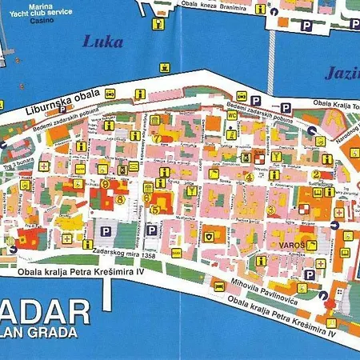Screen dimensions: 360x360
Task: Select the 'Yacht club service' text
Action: click(46, 14)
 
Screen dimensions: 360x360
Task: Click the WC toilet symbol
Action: click(231, 114)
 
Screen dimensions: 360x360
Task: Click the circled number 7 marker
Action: click(158, 138)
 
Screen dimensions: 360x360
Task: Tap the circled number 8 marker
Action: click(120, 199)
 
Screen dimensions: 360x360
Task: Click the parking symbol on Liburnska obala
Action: click(257, 100)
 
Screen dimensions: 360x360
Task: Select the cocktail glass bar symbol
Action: click(276, 155)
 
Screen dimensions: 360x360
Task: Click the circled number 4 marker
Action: click(249, 177)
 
